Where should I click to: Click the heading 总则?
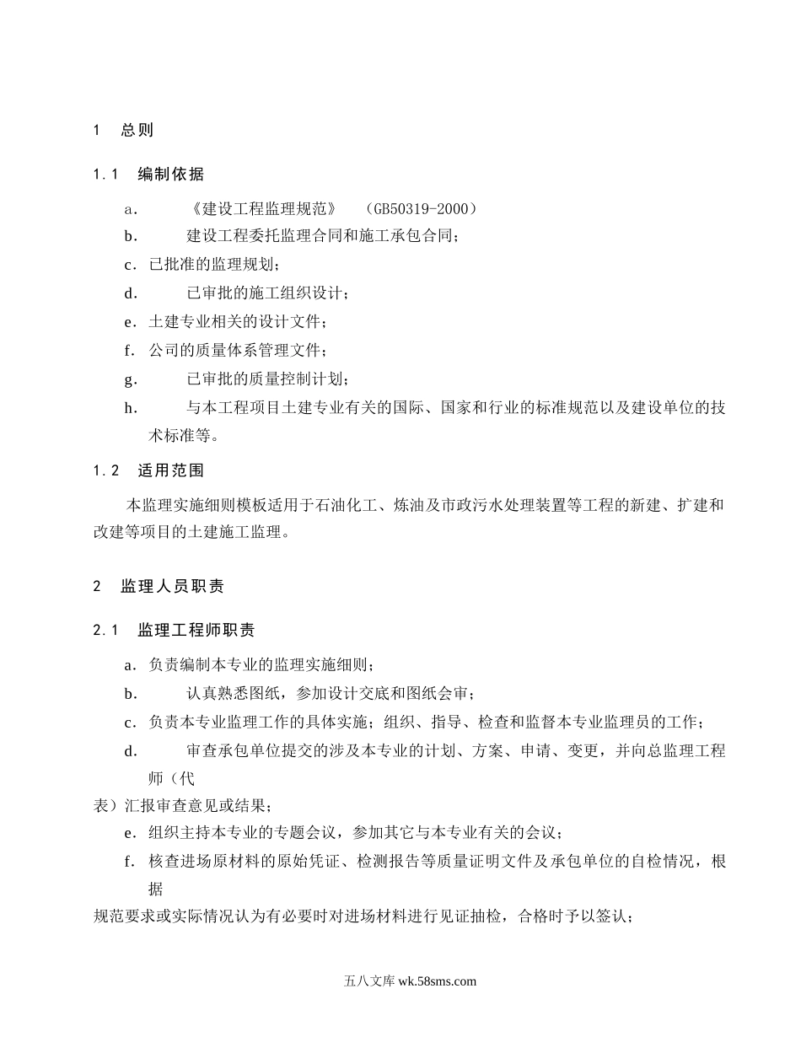pos(137,131)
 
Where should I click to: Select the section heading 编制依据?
pos(170,175)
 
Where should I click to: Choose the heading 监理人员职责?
pos(172,586)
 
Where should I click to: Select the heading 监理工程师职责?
pos(196,631)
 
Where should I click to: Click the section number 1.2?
pos(105,470)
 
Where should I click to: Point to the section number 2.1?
pos(105,631)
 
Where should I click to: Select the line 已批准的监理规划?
pos(212,266)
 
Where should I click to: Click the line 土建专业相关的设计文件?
pos(236,323)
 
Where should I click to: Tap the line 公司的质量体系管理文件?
pos(236,352)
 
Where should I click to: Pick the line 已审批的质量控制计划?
pos(266,380)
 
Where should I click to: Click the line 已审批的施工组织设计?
pos(266,294)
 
